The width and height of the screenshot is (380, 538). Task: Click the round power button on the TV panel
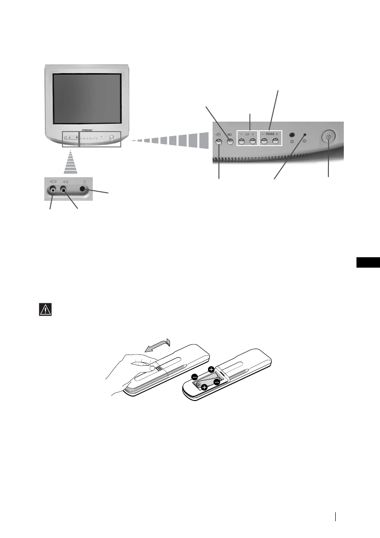[x=328, y=139]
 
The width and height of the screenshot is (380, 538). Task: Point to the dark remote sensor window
[x=292, y=135]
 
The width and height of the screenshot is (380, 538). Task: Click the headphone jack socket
[x=83, y=190]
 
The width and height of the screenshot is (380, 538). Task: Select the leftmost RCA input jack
[x=54, y=191]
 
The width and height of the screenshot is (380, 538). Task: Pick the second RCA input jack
[x=64, y=191]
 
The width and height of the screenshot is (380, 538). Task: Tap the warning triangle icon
[x=44, y=310]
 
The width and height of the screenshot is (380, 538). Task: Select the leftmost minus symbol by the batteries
[x=195, y=377]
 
